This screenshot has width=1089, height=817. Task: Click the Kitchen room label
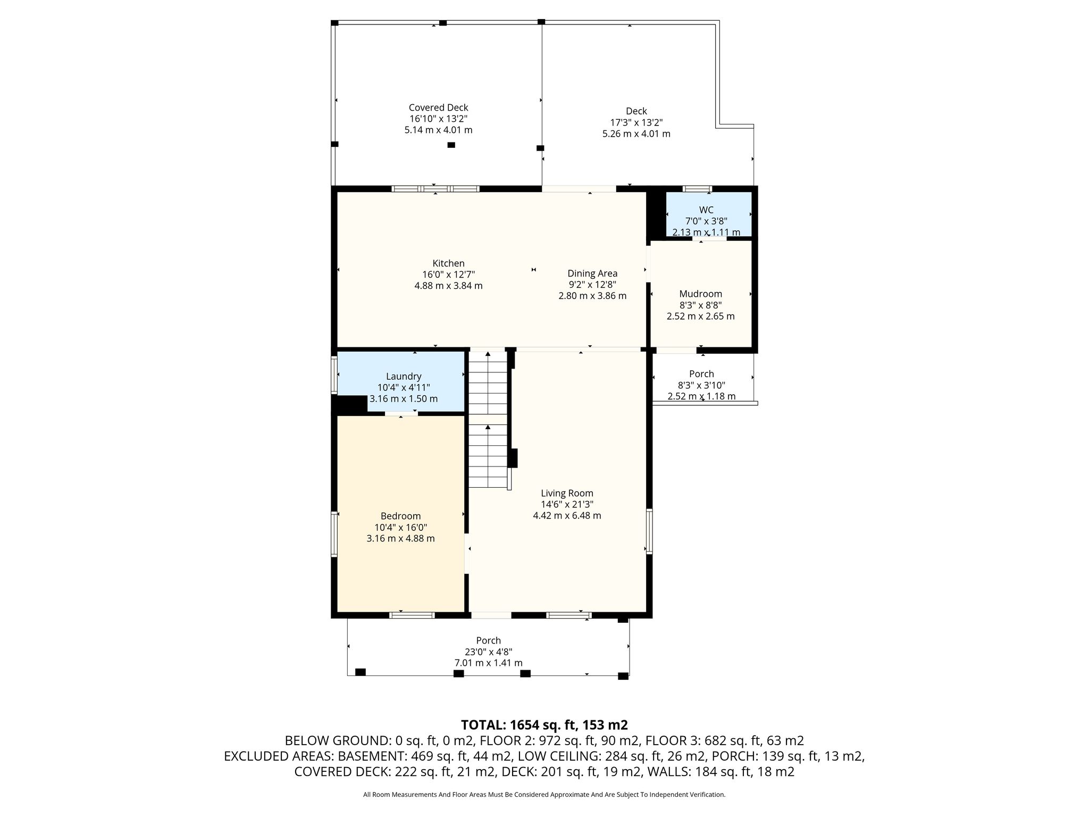(x=448, y=263)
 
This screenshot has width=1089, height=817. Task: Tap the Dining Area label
(x=592, y=273)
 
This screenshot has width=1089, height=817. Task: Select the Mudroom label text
(x=700, y=294)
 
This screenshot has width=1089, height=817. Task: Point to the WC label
(x=706, y=210)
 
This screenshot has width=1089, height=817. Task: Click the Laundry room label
(x=404, y=377)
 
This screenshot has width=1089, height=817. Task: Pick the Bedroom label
(x=400, y=516)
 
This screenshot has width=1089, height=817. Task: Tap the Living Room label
(x=567, y=493)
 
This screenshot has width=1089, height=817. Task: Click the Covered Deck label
(x=438, y=107)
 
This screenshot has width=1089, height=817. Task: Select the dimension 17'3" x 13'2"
(x=636, y=122)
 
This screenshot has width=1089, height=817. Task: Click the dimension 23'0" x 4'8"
(x=488, y=652)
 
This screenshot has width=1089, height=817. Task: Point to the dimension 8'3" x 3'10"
(x=701, y=385)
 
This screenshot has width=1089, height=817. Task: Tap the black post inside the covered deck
(x=451, y=145)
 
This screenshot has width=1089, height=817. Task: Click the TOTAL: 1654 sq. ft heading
(x=544, y=725)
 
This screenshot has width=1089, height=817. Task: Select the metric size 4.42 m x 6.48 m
(x=567, y=515)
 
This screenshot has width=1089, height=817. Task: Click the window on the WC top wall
(x=697, y=188)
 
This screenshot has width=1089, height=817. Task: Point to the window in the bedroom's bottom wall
(x=412, y=615)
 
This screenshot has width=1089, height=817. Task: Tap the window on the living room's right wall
(x=649, y=531)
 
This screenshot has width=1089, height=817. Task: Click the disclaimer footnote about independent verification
(x=544, y=795)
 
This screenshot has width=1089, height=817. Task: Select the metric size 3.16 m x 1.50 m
(x=404, y=399)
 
